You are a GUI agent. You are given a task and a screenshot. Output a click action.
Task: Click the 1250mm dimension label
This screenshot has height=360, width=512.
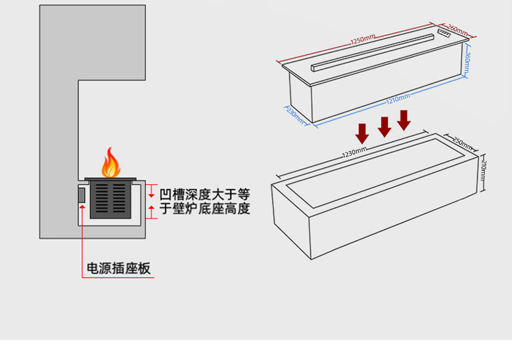pos(363,39)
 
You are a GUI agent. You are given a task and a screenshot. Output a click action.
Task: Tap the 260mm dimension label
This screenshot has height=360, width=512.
pos(458,30)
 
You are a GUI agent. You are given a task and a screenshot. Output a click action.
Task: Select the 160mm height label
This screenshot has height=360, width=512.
pos(467,62)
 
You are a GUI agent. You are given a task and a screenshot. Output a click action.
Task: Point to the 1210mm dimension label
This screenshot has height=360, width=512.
pos(398,99)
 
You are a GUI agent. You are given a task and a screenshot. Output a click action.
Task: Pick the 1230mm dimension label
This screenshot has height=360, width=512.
pos(355,152)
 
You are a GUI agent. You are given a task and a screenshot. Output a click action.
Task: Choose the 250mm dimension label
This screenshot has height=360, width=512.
pos(462,143)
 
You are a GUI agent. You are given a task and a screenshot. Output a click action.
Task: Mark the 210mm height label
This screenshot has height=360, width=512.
pos(483,170)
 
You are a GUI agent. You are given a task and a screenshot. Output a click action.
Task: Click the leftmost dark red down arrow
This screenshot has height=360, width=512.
pos(362,134)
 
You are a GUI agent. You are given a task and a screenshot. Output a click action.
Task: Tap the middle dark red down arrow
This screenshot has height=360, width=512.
pos(384,127)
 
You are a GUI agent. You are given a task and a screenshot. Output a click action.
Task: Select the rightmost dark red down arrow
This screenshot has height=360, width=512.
pos(404,121)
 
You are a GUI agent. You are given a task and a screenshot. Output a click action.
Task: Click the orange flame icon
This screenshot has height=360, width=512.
pos(111,163)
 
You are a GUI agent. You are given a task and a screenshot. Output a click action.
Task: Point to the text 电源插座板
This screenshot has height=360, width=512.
pos(119,268)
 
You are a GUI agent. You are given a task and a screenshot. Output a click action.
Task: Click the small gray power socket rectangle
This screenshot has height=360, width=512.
pos(82,195)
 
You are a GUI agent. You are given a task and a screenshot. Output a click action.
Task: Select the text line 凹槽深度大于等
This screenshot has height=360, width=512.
pos(205,194)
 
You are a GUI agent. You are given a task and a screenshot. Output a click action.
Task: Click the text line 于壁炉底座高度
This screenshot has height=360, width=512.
pos(205,208)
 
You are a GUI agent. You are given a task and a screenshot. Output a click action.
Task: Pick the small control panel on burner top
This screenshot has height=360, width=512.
pos(444,32)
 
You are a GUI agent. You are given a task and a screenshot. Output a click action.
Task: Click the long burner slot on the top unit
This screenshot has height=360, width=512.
pos(373,53)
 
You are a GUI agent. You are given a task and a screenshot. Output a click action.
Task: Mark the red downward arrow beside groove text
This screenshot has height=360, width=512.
pos(151,191)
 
